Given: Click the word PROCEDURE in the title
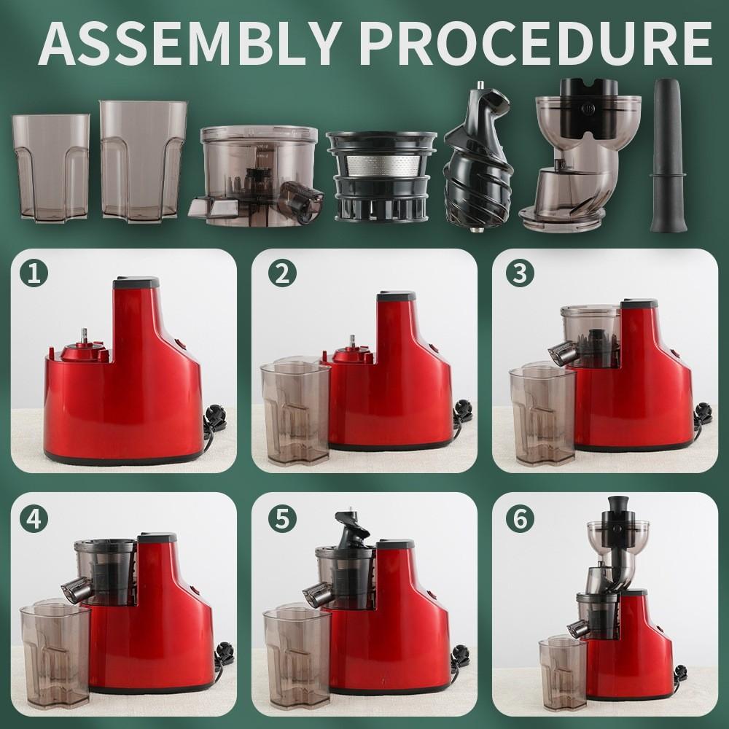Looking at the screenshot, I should click(536, 44).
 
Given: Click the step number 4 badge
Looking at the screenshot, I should click(34, 517).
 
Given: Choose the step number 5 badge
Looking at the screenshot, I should click(282, 517).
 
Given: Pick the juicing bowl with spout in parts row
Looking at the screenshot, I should click(259, 171).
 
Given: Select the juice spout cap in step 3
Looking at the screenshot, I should click(561, 353).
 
